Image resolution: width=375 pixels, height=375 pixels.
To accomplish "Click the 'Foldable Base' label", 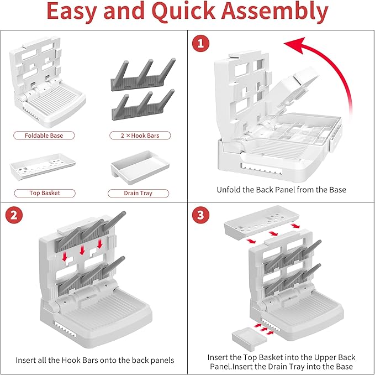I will coord(44,136).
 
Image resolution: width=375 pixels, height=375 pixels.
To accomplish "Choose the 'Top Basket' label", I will coord(44,193).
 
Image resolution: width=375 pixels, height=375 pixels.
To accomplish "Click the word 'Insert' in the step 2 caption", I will coord(27,360).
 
